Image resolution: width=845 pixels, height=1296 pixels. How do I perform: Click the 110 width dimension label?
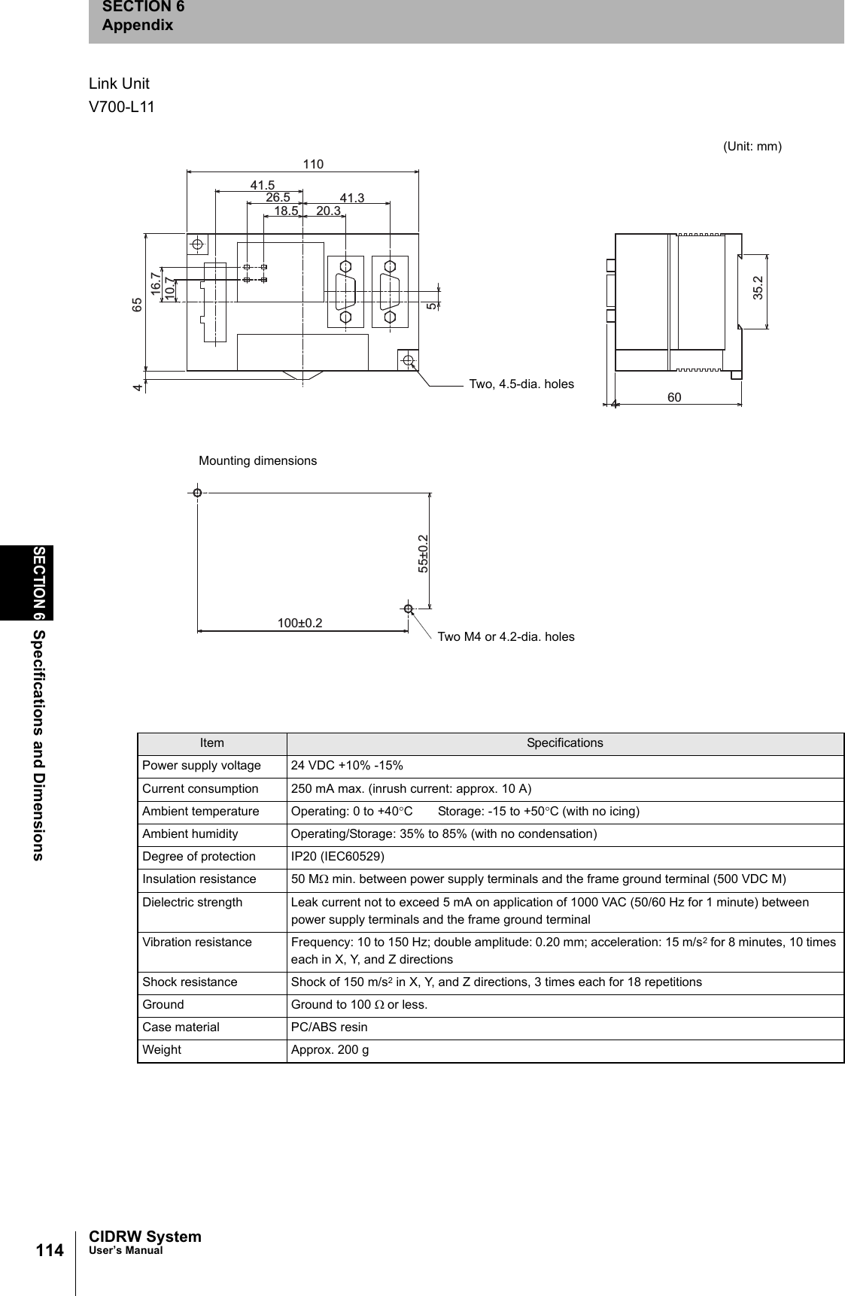point(313,164)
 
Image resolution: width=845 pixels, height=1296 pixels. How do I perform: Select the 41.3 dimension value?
point(352,198)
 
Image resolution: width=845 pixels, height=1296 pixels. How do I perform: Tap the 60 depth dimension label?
point(674,397)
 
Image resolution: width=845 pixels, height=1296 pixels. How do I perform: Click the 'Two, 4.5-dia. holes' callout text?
point(521,384)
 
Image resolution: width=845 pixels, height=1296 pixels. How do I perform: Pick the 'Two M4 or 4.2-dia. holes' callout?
point(506,637)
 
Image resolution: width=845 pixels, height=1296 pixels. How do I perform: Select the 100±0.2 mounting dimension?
point(299,624)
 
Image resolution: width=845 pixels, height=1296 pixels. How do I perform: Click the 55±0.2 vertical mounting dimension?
point(423,554)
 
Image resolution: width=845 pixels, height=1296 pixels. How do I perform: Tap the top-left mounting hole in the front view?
point(198,244)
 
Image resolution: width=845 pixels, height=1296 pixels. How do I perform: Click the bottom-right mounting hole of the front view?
point(408,360)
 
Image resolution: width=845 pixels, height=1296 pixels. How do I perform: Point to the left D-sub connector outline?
point(346,292)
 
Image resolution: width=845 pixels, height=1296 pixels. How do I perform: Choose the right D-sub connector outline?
point(390,292)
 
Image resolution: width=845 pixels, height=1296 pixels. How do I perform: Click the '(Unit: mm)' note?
point(752,147)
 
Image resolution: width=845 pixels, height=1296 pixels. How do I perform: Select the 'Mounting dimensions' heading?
point(257,460)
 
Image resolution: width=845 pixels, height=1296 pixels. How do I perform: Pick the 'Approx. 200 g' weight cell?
point(330,1050)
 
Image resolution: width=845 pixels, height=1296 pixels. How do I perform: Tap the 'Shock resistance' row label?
point(190,982)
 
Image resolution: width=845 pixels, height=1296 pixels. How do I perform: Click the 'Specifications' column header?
point(564,743)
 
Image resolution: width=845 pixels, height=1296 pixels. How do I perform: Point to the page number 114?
point(50,1250)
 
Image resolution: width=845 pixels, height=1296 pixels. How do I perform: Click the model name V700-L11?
point(122,107)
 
